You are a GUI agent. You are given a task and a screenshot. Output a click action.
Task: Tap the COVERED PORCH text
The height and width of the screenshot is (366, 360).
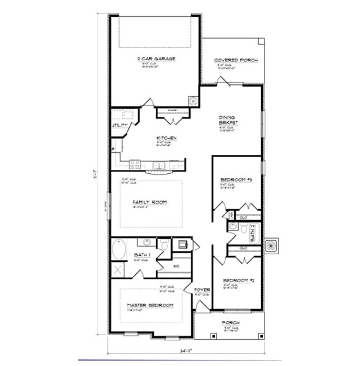point(236,60)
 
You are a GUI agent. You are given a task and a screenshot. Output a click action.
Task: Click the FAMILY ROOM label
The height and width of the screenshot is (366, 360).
point(149,202)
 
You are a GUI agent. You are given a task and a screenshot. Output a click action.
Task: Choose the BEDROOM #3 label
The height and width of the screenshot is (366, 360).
point(236,180)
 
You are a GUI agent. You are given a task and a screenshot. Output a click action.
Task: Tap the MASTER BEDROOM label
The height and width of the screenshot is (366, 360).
point(150,305)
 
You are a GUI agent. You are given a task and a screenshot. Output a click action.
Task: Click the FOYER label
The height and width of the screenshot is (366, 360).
point(202,291)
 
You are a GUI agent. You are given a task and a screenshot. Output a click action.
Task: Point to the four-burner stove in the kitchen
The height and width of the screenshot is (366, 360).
point(135,164)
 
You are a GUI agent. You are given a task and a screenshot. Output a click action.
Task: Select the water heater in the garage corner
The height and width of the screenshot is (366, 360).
point(193,101)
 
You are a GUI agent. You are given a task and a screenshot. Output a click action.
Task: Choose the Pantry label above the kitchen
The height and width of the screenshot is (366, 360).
point(172,110)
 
